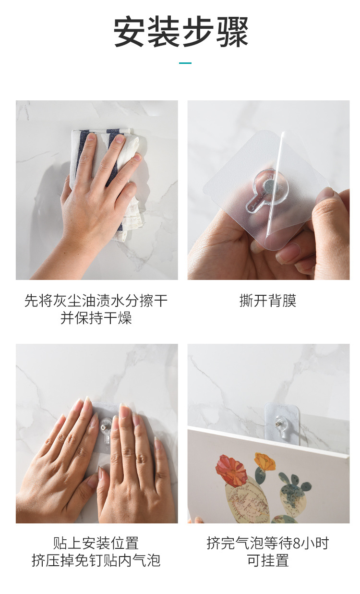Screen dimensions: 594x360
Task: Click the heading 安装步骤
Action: click(180, 32)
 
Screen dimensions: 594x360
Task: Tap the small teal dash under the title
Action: click(185, 63)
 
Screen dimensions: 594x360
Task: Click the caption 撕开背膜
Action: click(268, 301)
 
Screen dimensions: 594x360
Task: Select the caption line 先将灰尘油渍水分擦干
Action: click(96, 301)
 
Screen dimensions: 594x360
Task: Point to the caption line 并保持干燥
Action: click(96, 318)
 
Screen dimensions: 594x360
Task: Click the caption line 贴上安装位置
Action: click(96, 543)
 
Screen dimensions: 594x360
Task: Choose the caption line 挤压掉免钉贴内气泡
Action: click(96, 560)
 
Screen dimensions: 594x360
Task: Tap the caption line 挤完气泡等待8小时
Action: click(268, 543)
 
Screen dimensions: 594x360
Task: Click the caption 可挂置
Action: click(268, 560)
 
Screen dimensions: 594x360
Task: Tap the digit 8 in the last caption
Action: click(296, 543)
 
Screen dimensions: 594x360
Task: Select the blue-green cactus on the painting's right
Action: click(294, 490)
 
